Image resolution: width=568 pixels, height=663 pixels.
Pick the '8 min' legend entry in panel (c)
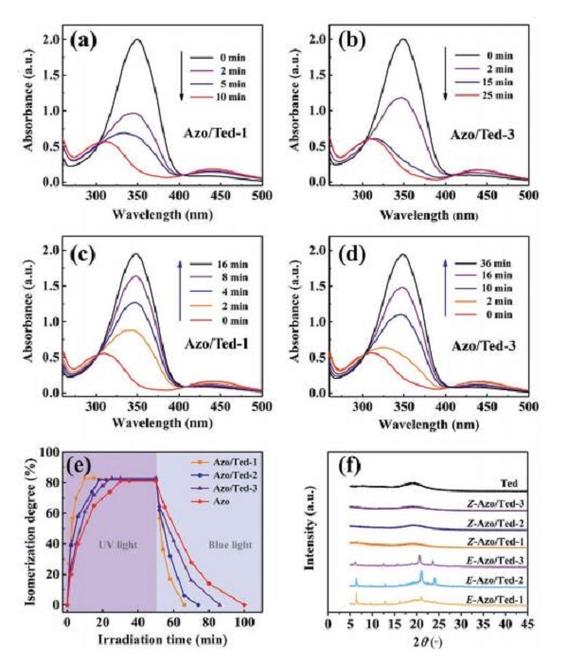pyautogui.click(x=222, y=279)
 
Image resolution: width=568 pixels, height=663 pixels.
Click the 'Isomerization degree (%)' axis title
pyautogui.click(x=21, y=532)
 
